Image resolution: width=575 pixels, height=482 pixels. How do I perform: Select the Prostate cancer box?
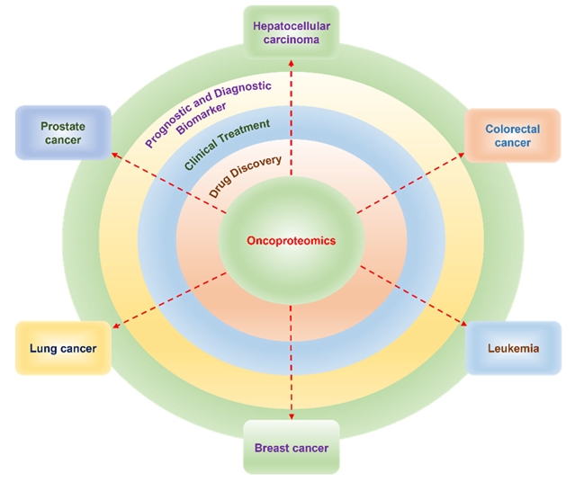coord(62,133)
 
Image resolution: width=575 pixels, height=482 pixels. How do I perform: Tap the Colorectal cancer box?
coord(512,136)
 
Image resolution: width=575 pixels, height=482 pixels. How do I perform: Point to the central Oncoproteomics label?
coord(292,241)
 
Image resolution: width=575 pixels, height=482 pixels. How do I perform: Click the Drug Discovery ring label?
coord(247,177)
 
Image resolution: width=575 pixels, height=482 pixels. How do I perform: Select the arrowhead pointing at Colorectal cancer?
coord(468,156)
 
